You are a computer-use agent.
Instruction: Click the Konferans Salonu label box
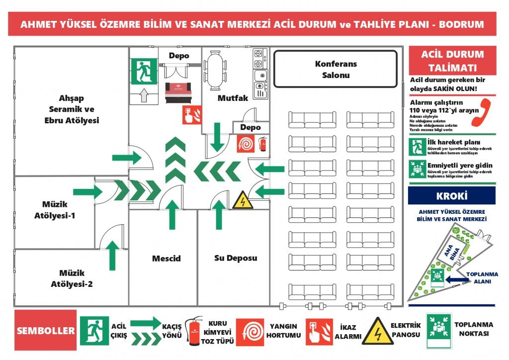(336, 69)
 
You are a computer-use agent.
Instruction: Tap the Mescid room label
(166, 259)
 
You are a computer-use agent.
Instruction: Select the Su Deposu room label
(236, 259)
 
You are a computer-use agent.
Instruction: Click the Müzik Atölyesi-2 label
(72, 278)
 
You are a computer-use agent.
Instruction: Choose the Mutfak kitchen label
(233, 98)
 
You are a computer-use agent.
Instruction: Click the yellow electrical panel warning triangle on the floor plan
(243, 200)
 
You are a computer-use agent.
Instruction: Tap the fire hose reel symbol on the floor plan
(247, 144)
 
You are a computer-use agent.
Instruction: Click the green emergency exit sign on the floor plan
(144, 71)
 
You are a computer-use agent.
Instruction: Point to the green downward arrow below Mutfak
(216, 138)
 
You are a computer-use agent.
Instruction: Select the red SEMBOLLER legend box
(45, 331)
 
